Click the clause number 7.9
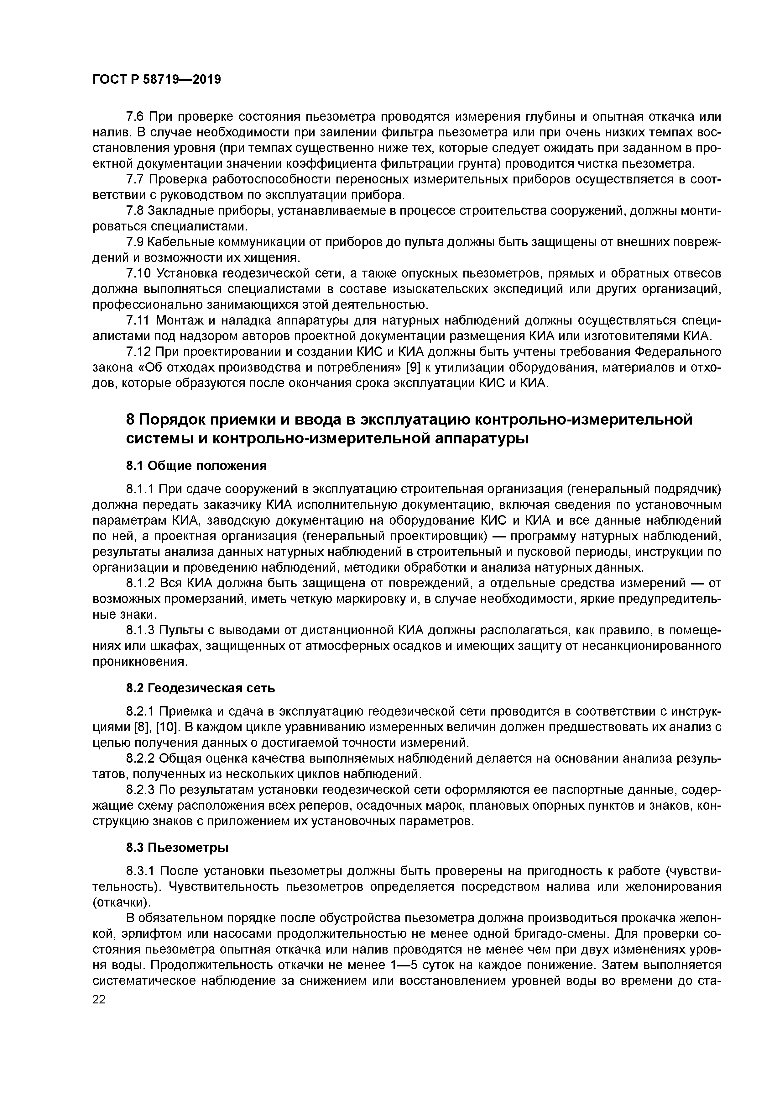click(135, 242)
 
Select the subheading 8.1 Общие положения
click(196, 466)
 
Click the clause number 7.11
click(138, 320)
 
